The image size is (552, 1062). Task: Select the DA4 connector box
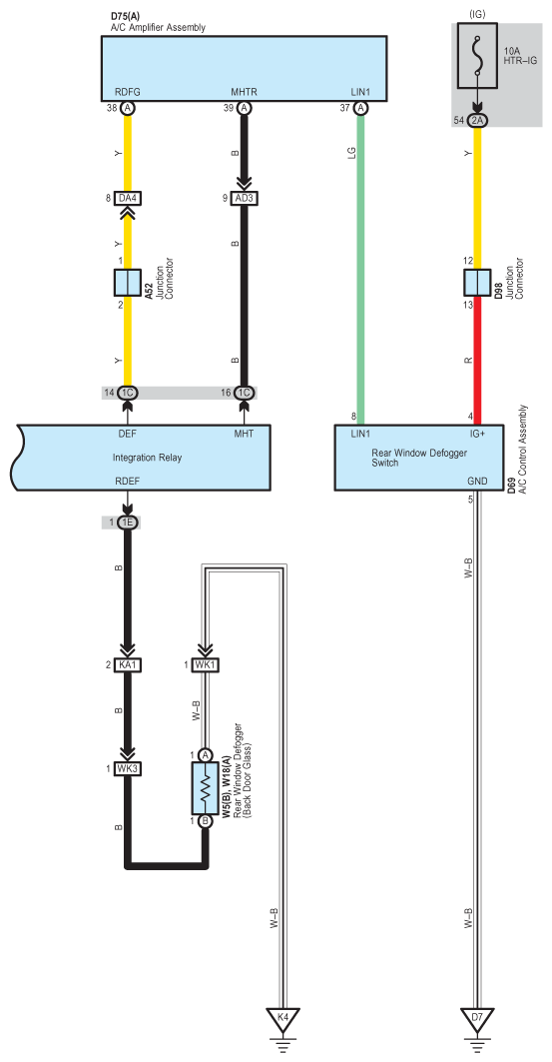click(x=127, y=198)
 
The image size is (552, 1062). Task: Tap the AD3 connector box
click(x=245, y=198)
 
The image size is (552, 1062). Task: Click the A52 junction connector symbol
click(x=127, y=283)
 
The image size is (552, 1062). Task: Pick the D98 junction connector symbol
click(x=477, y=283)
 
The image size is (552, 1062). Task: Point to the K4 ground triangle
click(x=282, y=1017)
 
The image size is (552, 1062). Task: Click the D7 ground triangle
click(x=477, y=1017)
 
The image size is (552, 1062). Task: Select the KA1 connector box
click(x=127, y=665)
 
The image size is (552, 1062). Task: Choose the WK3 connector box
click(x=127, y=768)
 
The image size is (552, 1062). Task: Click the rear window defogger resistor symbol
click(x=207, y=788)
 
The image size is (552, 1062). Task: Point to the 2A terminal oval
click(x=477, y=120)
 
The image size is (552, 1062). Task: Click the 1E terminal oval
click(x=127, y=523)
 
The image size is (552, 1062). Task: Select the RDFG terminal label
click(x=127, y=93)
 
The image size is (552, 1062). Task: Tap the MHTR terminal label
click(x=245, y=93)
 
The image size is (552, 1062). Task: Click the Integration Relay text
click(x=147, y=458)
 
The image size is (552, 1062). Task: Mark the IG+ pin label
click(x=477, y=434)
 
